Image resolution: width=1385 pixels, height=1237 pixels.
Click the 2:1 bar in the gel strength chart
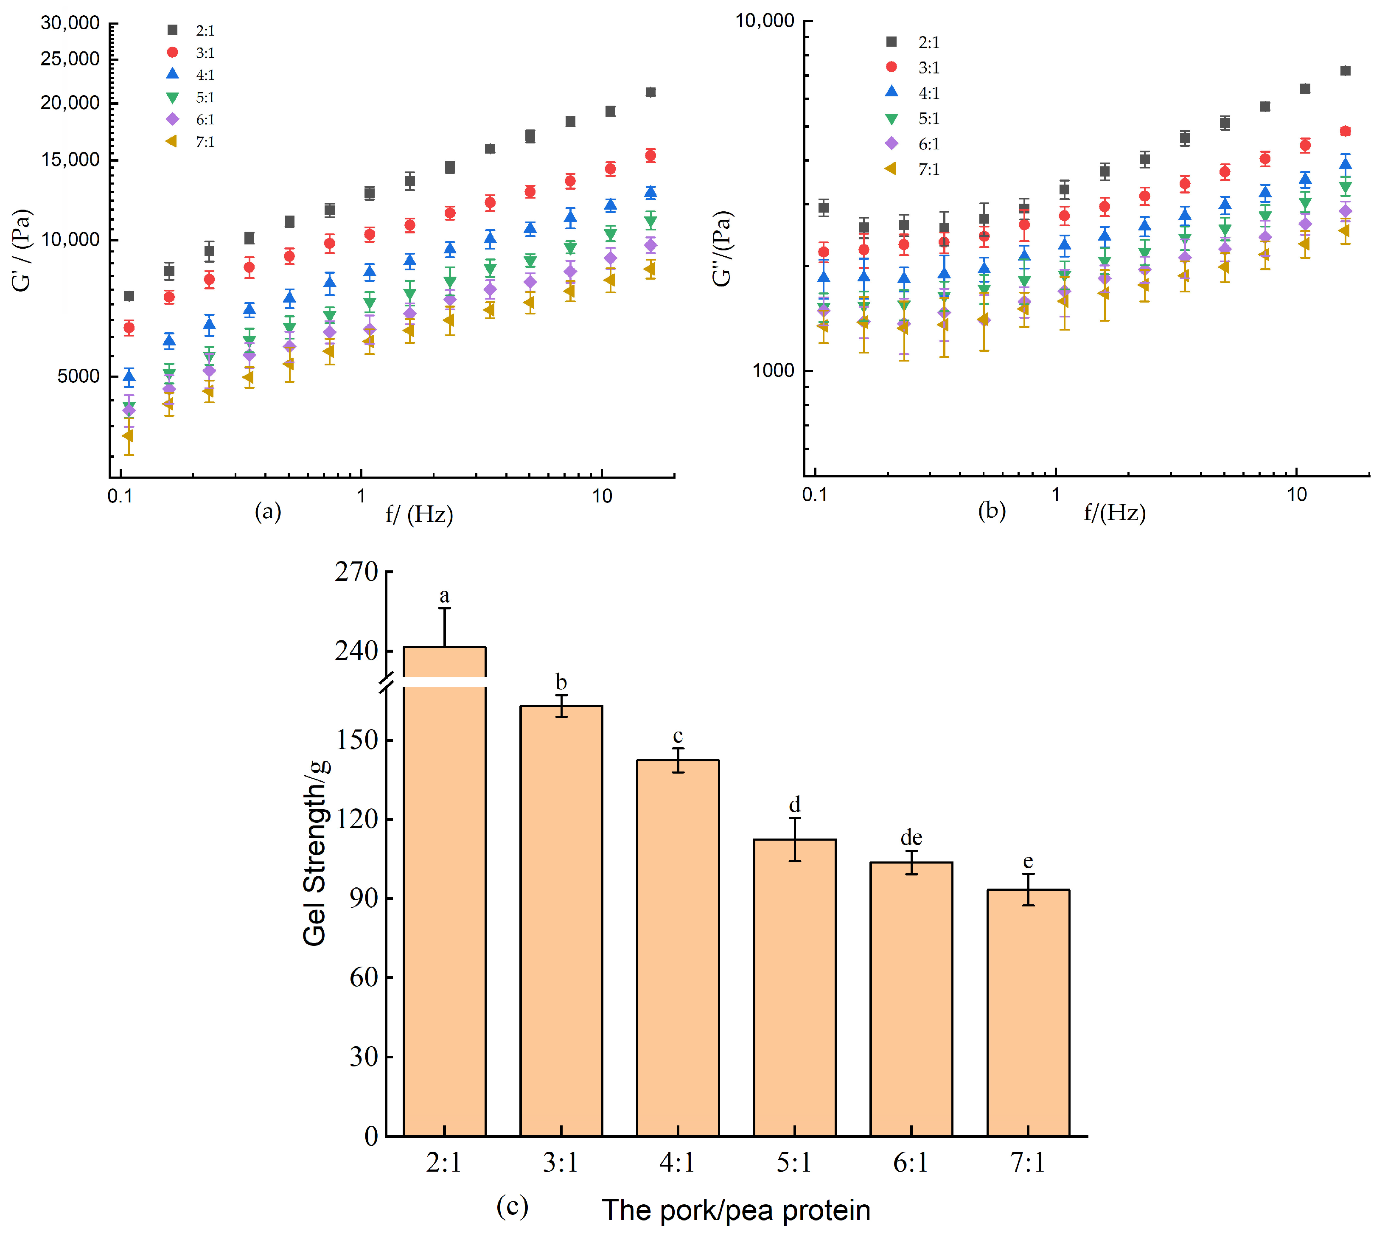click(444, 884)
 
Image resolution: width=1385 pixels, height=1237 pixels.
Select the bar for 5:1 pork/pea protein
click(794, 985)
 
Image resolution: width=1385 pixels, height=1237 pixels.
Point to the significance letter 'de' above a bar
click(911, 837)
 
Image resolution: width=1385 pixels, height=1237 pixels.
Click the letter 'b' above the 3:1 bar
click(561, 682)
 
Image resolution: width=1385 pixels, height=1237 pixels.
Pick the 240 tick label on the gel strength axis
click(356, 651)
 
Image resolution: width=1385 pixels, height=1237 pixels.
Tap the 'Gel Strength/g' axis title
click(315, 853)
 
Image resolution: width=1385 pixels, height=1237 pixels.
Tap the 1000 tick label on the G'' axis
click(773, 370)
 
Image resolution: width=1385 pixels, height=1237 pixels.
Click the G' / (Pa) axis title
click(22, 250)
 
